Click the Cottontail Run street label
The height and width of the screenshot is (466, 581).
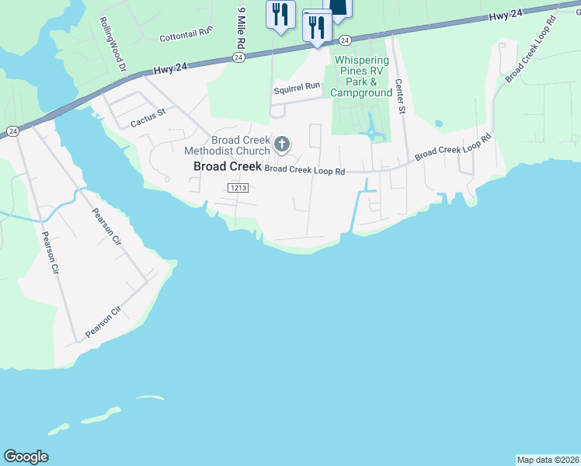pyautogui.click(x=186, y=33)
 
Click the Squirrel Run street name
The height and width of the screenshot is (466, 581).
pyautogui.click(x=297, y=87)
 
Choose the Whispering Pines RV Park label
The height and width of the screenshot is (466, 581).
pyautogui.click(x=362, y=76)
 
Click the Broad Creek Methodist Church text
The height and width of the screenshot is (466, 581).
pyautogui.click(x=227, y=144)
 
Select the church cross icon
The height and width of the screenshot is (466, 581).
pyautogui.click(x=281, y=144)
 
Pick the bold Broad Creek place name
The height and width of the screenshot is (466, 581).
pyautogui.click(x=227, y=166)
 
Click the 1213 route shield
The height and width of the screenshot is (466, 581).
pyautogui.click(x=238, y=188)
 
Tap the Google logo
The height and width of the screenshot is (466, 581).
pyautogui.click(x=26, y=457)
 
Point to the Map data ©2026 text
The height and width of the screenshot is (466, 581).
pyautogui.click(x=548, y=460)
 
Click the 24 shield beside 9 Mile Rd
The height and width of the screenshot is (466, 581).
pyautogui.click(x=238, y=58)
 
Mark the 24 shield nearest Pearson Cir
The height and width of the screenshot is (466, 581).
pyautogui.click(x=12, y=131)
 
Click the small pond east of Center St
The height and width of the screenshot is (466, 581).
pyautogui.click(x=439, y=123)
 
